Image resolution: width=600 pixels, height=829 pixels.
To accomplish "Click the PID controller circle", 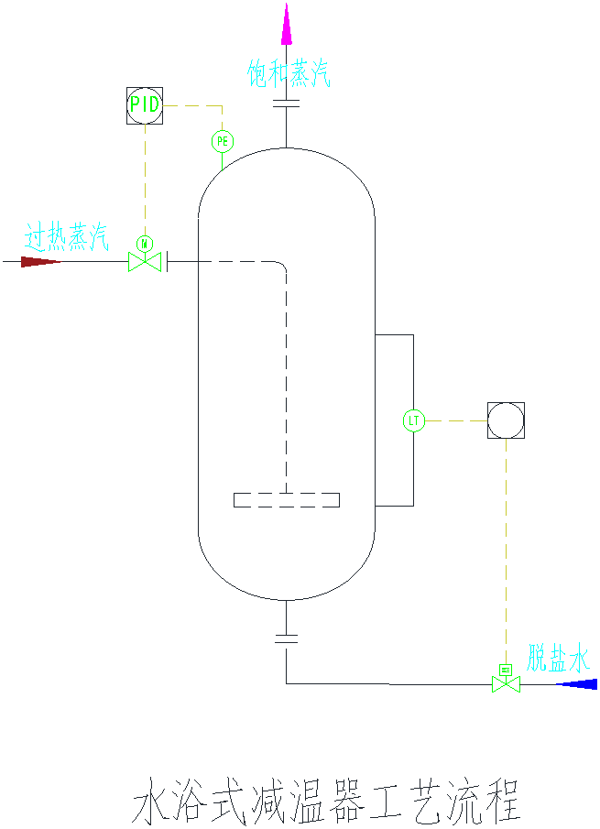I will click(x=144, y=104).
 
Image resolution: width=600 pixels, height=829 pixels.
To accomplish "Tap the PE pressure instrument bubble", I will click(x=223, y=141).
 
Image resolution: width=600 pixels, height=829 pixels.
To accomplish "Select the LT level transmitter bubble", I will click(x=414, y=420).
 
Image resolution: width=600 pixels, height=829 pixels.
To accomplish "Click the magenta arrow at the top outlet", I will click(x=287, y=24).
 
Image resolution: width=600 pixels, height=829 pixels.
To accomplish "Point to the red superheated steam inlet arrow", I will click(x=40, y=262).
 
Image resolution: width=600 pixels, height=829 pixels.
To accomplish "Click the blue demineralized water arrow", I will click(x=576, y=684).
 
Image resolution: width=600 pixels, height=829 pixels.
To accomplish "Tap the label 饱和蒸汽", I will click(x=288, y=74).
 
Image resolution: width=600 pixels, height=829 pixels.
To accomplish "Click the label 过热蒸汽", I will click(x=66, y=239).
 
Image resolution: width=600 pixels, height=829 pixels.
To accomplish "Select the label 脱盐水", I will click(x=558, y=659).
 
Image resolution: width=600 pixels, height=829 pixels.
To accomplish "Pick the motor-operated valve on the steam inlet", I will click(x=144, y=263).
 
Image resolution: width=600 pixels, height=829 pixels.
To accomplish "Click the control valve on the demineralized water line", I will click(x=506, y=684).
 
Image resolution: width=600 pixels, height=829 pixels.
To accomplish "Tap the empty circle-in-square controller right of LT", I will click(x=506, y=420).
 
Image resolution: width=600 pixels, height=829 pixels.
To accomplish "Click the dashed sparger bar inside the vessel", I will click(x=287, y=500).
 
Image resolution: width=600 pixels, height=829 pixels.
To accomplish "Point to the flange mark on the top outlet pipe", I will click(x=287, y=104).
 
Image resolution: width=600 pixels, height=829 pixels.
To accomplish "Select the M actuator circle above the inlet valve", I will click(x=144, y=243).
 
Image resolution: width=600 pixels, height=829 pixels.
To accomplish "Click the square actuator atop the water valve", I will click(x=506, y=670).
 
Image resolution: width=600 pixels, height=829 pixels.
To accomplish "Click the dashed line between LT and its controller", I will click(x=456, y=420).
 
